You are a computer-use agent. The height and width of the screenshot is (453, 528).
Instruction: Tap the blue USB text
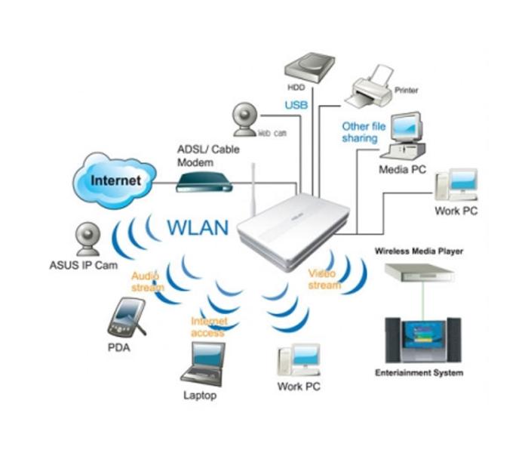(296, 105)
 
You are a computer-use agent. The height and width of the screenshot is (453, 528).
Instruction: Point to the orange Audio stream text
(149, 282)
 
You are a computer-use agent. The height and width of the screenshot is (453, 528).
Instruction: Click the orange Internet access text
(208, 326)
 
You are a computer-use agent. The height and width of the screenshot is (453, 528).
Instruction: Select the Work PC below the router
(299, 361)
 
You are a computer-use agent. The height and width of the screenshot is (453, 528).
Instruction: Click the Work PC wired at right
(456, 185)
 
